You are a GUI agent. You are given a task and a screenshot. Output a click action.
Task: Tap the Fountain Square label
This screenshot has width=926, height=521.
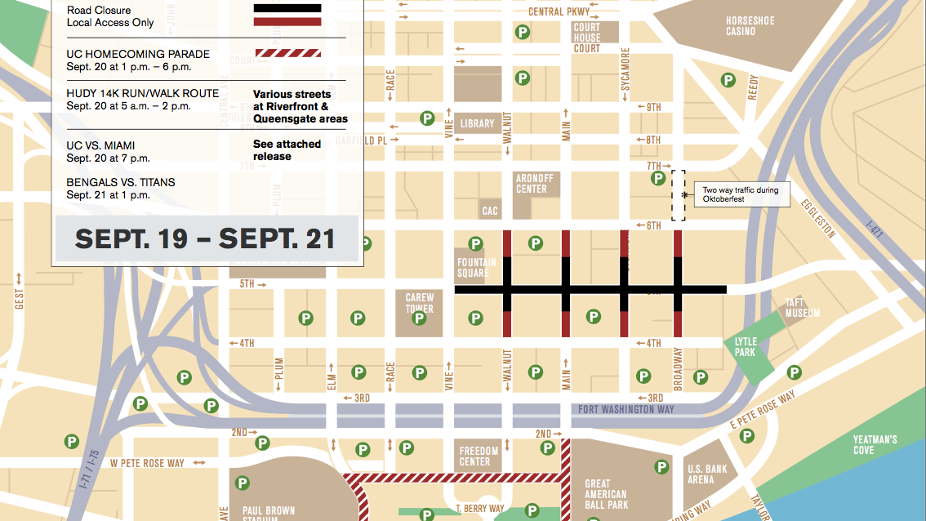[476, 268]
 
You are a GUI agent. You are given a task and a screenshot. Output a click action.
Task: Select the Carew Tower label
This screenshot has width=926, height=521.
[420, 303]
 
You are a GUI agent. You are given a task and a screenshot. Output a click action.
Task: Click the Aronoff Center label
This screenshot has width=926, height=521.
[532, 184]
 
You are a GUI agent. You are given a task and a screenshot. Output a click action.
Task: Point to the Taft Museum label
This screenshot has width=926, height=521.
[801, 308]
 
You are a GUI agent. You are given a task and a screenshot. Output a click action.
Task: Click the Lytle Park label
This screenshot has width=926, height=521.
[746, 346]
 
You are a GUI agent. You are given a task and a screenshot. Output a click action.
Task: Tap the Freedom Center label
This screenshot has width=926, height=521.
[479, 456]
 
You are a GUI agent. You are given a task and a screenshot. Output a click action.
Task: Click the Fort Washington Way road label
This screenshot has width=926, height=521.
[625, 409]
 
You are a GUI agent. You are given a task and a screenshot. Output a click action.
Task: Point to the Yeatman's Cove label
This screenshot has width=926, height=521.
[875, 444]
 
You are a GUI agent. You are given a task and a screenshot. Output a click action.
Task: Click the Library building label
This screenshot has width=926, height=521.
[477, 124]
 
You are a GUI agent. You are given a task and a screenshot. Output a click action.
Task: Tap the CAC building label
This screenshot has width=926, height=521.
[490, 211]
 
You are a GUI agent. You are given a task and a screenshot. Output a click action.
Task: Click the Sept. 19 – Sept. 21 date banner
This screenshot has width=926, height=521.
[205, 238]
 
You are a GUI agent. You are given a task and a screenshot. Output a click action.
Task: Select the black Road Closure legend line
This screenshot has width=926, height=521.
[287, 9]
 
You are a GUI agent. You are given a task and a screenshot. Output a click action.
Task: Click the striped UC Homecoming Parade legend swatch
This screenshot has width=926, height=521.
[287, 54]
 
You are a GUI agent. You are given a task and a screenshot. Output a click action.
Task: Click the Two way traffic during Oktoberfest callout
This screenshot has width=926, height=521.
[741, 194]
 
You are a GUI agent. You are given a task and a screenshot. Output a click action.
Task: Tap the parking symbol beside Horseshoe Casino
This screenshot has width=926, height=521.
[727, 79]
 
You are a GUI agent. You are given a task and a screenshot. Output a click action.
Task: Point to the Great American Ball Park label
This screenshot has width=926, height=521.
[606, 494]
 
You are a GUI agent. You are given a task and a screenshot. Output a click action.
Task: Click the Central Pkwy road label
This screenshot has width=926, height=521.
[558, 11]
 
